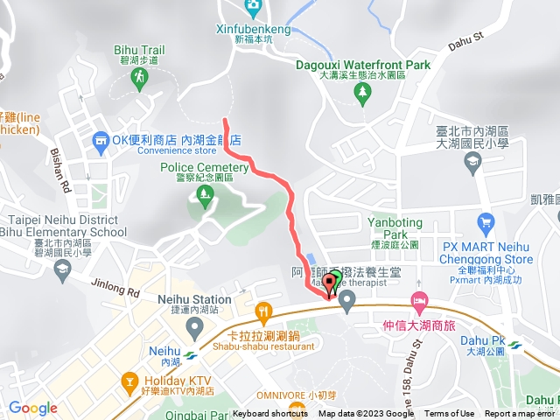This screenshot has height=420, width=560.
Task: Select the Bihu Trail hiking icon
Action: tap(139, 79)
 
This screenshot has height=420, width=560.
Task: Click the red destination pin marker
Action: tap(329, 285)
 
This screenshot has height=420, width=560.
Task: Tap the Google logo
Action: tap(33, 408)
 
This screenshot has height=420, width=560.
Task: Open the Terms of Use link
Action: tap(450, 414)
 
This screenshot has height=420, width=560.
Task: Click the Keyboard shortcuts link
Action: tap(270, 414)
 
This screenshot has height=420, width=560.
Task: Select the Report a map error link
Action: tap(521, 414)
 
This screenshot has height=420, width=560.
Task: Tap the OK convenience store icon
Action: tap(102, 140)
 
